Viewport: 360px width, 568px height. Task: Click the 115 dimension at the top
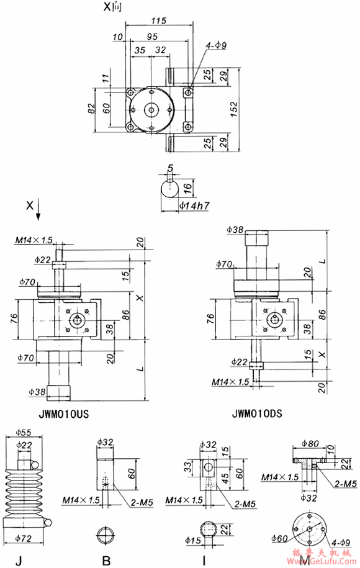point(158,20)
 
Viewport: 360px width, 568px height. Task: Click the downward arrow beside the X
point(38,212)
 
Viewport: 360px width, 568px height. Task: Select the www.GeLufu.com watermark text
point(330,562)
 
